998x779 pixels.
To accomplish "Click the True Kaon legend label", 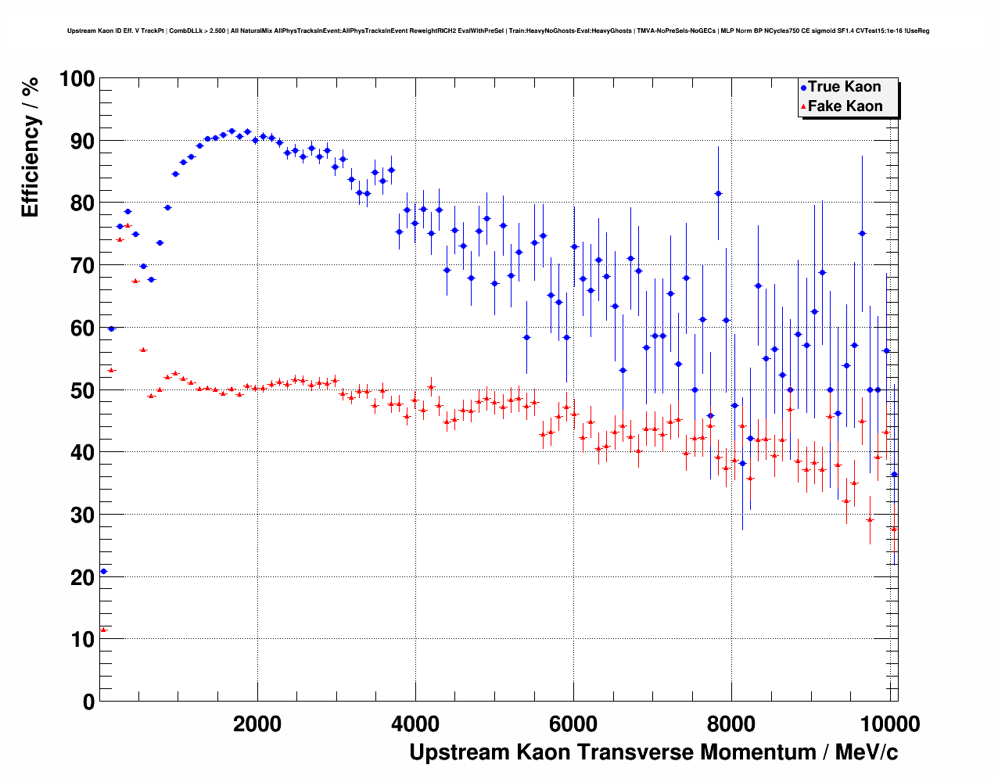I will (x=844, y=87).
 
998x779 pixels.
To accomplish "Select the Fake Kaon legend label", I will (x=845, y=106).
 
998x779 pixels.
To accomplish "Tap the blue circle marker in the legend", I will (x=803, y=88).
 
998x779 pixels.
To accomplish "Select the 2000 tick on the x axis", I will (x=257, y=723).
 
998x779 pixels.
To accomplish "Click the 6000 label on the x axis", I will (x=573, y=723).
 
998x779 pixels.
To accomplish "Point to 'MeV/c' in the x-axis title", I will (x=867, y=752).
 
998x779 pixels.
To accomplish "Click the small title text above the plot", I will (x=498, y=31).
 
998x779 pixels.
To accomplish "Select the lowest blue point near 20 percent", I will (x=103, y=572).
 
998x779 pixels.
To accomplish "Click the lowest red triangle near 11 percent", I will (x=103, y=630).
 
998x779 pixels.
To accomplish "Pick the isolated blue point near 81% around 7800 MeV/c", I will (x=718, y=193).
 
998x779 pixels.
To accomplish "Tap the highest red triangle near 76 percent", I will (x=127, y=225).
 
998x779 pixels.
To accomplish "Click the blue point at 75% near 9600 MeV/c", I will (x=862, y=233).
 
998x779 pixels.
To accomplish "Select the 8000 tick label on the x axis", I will (x=731, y=723).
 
